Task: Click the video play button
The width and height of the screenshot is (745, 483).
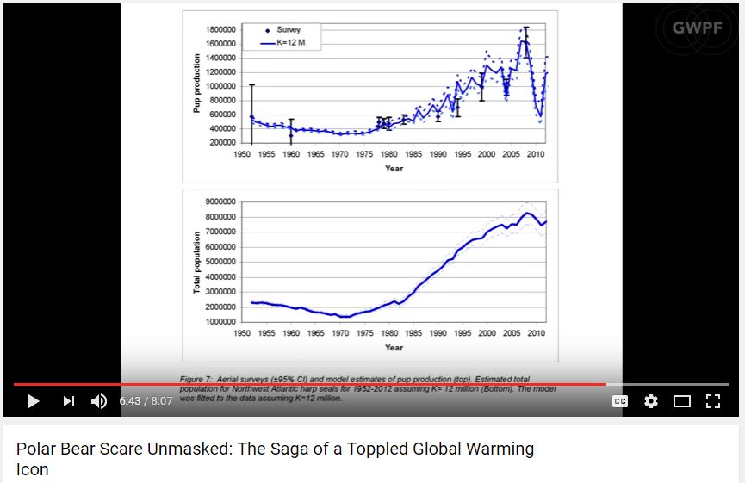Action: click(34, 401)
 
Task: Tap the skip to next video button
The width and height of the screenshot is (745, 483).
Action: click(69, 401)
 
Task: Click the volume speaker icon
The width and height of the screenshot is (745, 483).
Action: click(99, 401)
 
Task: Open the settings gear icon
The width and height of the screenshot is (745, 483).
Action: click(651, 401)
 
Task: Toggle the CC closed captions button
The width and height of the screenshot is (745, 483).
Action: click(620, 401)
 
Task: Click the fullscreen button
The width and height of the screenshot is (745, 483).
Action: click(712, 401)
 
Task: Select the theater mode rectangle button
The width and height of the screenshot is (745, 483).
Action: click(682, 401)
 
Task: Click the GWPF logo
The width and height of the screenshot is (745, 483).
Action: click(697, 27)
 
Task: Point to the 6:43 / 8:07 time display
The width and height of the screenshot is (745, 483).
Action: click(146, 401)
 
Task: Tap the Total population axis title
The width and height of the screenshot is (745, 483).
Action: click(197, 262)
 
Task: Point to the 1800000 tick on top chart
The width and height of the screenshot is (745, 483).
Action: click(221, 30)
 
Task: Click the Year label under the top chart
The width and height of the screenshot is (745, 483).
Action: click(394, 168)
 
